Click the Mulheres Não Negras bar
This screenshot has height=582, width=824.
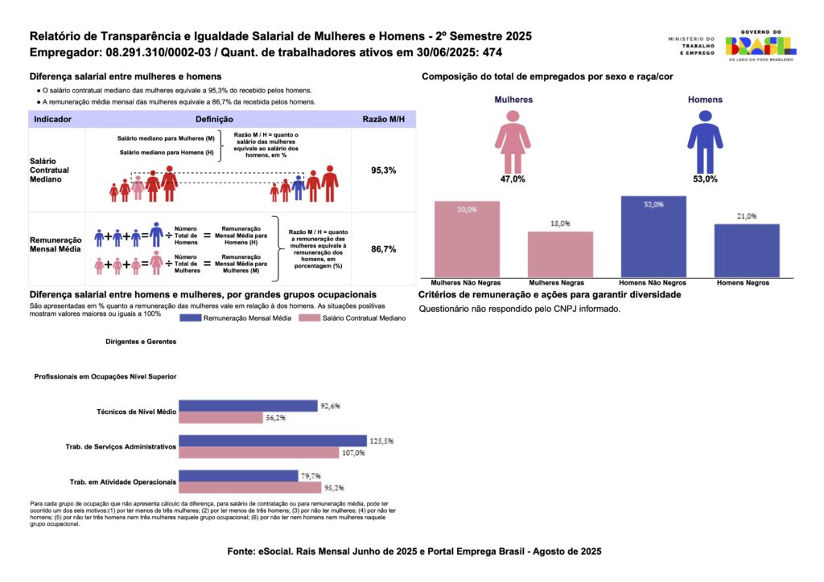467,239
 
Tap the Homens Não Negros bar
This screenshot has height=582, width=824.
653,236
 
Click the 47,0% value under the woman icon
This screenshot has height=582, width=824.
513,179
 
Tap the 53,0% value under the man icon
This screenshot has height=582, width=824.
704,179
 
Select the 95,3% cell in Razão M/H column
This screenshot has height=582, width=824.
383,171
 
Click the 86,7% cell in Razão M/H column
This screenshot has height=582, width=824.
383,250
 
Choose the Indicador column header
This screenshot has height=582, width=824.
52,119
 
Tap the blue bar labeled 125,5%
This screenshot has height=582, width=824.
273,441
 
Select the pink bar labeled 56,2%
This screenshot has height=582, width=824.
220,417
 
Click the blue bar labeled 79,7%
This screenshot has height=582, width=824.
238,476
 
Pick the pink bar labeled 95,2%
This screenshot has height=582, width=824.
249,487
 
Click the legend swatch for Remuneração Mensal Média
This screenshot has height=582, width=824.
200,318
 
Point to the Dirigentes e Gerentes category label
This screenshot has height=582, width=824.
140,342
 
